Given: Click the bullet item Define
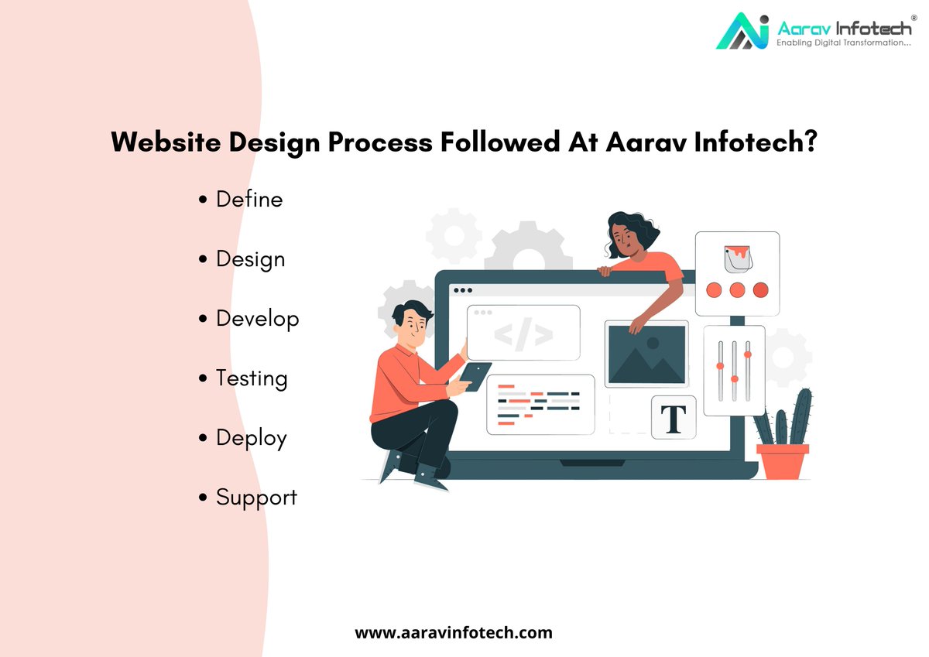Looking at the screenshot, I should click(x=249, y=199).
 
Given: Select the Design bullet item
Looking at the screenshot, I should click(x=249, y=259).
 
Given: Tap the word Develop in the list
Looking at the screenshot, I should click(x=256, y=319).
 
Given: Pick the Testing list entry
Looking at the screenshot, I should click(x=251, y=378).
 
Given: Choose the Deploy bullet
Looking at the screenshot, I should click(x=251, y=438).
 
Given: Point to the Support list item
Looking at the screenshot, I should click(x=255, y=498).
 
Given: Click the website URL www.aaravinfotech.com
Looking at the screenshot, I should click(x=454, y=632).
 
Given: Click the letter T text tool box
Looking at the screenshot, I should click(x=673, y=418).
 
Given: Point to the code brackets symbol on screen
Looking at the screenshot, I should click(x=523, y=334).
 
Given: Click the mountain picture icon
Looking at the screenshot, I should click(x=646, y=354).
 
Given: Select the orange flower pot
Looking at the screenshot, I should click(x=782, y=461).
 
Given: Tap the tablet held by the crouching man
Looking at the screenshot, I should click(x=475, y=376).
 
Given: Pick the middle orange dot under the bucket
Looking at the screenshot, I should click(x=737, y=290).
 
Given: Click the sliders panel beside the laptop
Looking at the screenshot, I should click(x=734, y=370).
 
